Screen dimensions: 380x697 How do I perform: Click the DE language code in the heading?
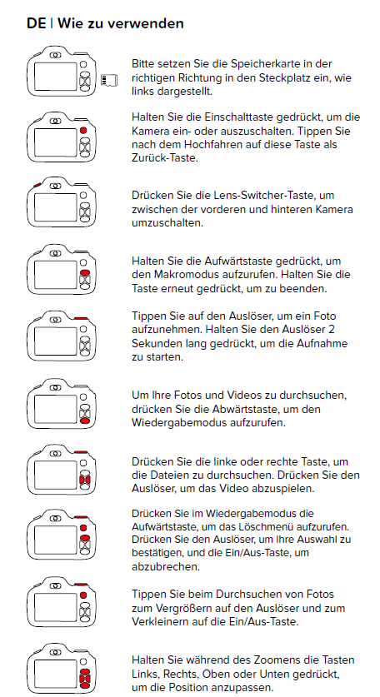(36, 23)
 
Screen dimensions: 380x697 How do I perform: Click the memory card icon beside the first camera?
(109, 81)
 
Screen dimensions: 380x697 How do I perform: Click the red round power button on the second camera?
(83, 131)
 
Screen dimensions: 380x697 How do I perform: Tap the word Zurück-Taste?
(164, 157)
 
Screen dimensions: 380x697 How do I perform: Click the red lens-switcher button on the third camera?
(37, 185)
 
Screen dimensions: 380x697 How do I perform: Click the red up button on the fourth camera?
(84, 272)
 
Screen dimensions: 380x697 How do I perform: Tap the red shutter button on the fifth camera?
(81, 318)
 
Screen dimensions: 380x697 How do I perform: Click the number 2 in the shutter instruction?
(332, 330)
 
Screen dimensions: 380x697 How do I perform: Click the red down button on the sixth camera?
(84, 421)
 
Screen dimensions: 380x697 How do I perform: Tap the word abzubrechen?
(166, 567)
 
